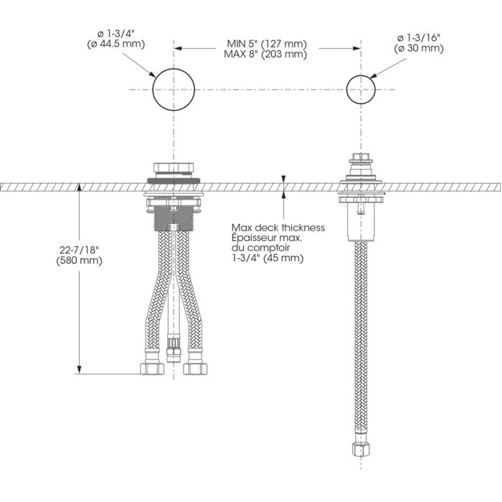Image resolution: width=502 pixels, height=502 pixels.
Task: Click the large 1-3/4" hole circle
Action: point(174,89)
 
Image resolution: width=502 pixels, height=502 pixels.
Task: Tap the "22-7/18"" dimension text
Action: point(79,250)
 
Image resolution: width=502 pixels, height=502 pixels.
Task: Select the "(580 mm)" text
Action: point(79,260)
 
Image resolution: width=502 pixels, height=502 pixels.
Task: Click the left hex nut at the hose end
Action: point(150,369)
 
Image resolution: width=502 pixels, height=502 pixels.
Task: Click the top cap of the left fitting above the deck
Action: point(174,169)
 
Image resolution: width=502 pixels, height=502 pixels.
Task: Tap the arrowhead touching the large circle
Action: point(153,75)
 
